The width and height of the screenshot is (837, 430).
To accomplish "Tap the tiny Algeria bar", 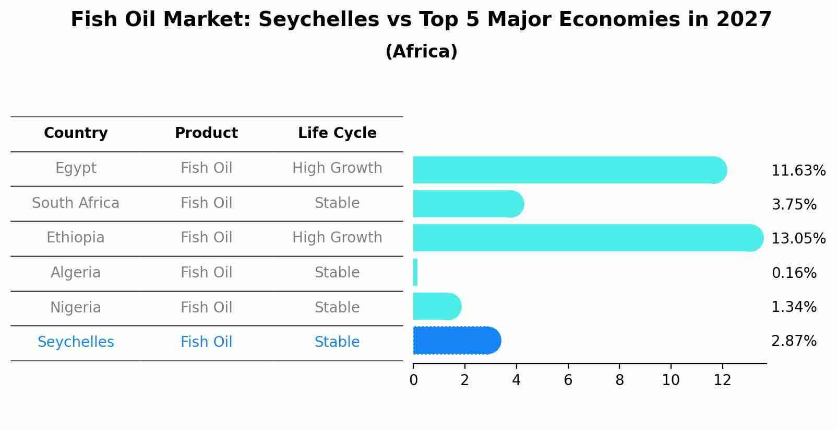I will point(415,272).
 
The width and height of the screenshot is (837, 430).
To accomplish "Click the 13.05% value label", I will point(798,239).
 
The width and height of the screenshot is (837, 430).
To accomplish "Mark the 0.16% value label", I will point(794,273).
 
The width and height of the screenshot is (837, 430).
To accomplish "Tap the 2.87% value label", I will point(794,341).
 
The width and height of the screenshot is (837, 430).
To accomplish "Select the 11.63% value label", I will point(798,171).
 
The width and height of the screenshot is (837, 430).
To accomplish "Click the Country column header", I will point(76,133).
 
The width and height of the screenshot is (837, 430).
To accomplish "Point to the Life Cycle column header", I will point(337,133).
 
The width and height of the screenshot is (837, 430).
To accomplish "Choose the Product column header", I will point(206,133).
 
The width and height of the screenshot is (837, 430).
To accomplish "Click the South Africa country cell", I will point(76,203).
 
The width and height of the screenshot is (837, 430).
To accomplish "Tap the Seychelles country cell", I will point(76,342).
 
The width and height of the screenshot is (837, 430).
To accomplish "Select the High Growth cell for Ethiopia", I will point(337,238).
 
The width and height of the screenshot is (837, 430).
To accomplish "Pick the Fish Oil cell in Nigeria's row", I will point(206,307).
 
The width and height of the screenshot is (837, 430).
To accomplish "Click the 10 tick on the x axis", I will point(671,380).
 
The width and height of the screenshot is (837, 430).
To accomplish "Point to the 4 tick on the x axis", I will point(516,380).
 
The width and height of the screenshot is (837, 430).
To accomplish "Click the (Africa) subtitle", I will point(421,52).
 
